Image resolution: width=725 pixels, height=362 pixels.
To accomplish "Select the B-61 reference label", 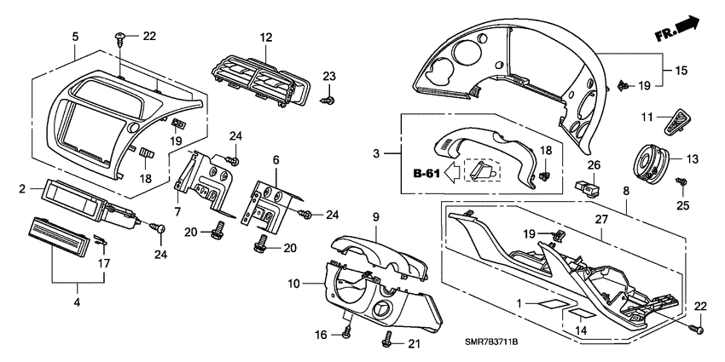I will click(428, 175).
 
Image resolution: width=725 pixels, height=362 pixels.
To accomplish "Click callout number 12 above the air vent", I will click(265, 37).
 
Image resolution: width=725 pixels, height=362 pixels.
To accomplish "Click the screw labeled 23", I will click(327, 101).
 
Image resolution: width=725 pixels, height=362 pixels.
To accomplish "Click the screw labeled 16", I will click(347, 333).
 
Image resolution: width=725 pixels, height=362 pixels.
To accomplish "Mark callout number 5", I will click(75, 37).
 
